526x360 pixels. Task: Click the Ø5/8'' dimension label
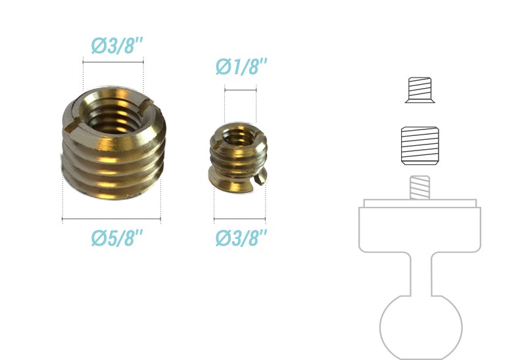tap(117, 238)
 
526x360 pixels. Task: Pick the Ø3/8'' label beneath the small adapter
tap(241, 238)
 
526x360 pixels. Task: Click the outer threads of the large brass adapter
tap(112, 164)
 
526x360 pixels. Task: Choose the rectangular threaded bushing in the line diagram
tap(419, 145)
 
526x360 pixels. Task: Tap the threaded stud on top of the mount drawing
tap(419, 188)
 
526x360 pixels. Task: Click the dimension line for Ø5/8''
tap(111, 218)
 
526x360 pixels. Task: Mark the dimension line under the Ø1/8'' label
tap(240, 87)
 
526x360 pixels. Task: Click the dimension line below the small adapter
tap(239, 218)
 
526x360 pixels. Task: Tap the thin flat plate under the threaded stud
tap(419, 203)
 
